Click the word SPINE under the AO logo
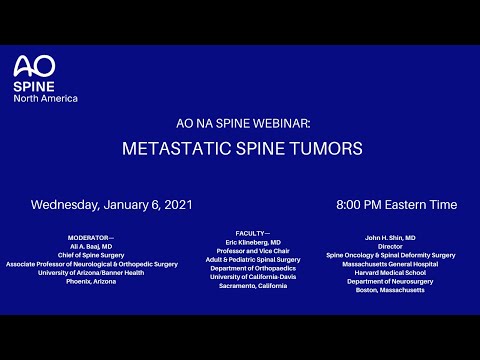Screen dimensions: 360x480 click(30, 87)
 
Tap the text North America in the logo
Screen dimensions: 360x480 click(45, 98)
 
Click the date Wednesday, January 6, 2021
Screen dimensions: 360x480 click(111, 205)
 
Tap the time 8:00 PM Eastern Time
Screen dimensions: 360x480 click(397, 205)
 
